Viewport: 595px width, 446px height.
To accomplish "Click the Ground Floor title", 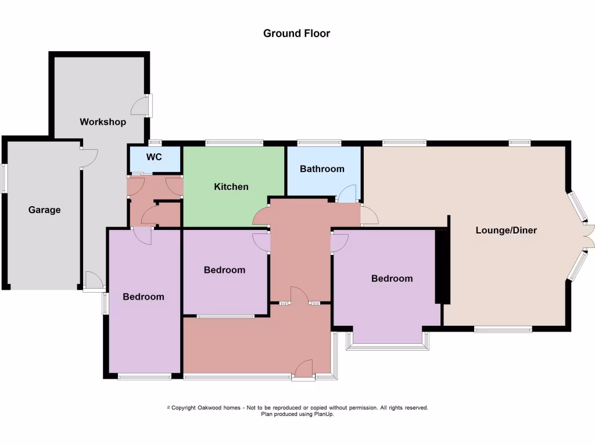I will [x=296, y=33].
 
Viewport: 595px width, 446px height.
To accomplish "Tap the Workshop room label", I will [x=103, y=122].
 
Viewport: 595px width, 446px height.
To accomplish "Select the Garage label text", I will [x=44, y=210].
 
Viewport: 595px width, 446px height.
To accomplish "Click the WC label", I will [x=154, y=157].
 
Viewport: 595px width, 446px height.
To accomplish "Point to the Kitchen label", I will [x=231, y=186].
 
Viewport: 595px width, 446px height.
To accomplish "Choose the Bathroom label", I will [x=322, y=169].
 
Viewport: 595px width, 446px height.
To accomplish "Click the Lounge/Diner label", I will [x=506, y=230].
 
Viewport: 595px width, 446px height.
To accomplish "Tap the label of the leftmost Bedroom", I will [x=144, y=297].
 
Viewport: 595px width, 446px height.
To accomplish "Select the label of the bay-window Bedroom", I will [x=392, y=278].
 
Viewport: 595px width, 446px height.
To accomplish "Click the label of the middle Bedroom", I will [x=224, y=270].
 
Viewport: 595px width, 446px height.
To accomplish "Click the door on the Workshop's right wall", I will [x=142, y=106].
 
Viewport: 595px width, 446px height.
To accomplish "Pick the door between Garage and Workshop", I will [x=88, y=158].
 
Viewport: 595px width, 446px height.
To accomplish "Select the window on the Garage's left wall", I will [x=4, y=178].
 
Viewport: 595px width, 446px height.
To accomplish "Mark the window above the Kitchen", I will [x=234, y=142].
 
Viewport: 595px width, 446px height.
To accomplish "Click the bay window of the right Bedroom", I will [x=388, y=347].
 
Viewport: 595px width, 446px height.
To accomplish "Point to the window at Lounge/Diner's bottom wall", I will [x=503, y=329].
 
